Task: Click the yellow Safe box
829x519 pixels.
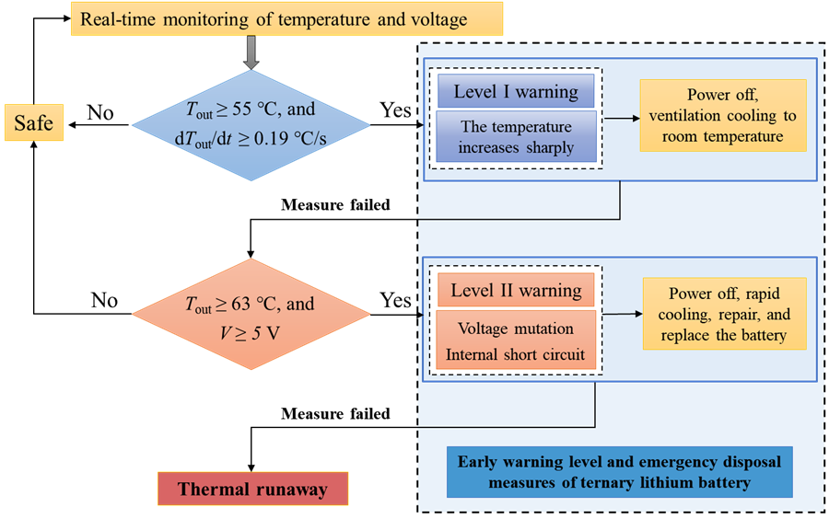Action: [x=33, y=122]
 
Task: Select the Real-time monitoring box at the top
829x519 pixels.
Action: [x=287, y=19]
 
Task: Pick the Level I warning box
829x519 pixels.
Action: [x=516, y=92]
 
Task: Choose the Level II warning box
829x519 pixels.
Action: [x=516, y=292]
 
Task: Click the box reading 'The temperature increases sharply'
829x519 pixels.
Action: [x=516, y=137]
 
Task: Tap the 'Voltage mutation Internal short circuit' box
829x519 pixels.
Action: [x=516, y=340]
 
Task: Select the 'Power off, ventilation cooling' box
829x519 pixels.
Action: [x=722, y=116]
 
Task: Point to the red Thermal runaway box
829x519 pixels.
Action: [x=252, y=489]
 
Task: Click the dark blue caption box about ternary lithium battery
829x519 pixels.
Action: [x=619, y=471]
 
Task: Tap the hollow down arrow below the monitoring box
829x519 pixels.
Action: [x=251, y=53]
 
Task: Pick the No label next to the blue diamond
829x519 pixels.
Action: [x=99, y=112]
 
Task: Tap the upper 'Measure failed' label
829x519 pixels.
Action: [x=335, y=205]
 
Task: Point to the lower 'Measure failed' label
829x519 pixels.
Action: [x=335, y=414]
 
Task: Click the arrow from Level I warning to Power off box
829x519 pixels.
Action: [x=621, y=119]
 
